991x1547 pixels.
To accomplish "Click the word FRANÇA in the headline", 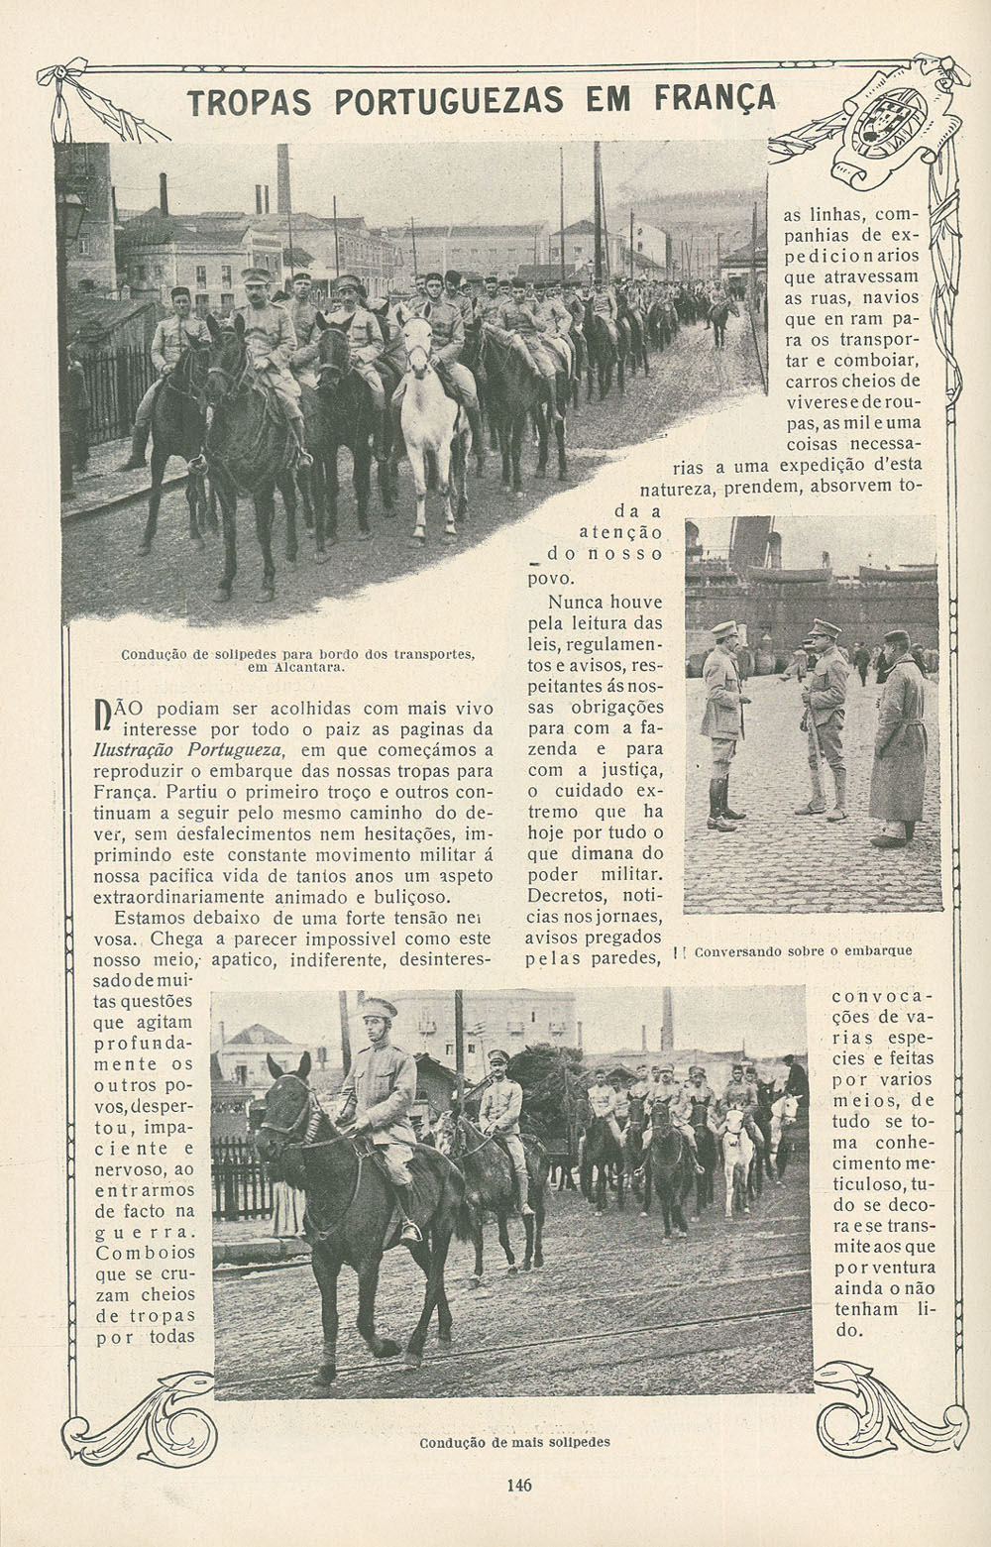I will pyautogui.click(x=715, y=100).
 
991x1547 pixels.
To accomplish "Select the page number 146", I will pyautogui.click(x=518, y=1485).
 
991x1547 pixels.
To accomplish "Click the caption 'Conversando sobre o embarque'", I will pyautogui.click(x=804, y=950).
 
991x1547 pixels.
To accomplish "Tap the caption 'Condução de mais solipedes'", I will pyautogui.click(x=514, y=1442).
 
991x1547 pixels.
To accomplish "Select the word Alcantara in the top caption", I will pyautogui.click(x=309, y=667).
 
